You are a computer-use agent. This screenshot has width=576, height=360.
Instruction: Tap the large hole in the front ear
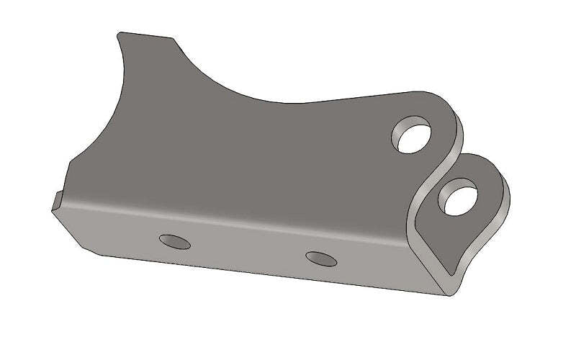click(458, 197)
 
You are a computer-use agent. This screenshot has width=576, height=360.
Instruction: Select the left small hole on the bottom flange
click(175, 241)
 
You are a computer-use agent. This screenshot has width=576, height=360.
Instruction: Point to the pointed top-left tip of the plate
click(119, 33)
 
